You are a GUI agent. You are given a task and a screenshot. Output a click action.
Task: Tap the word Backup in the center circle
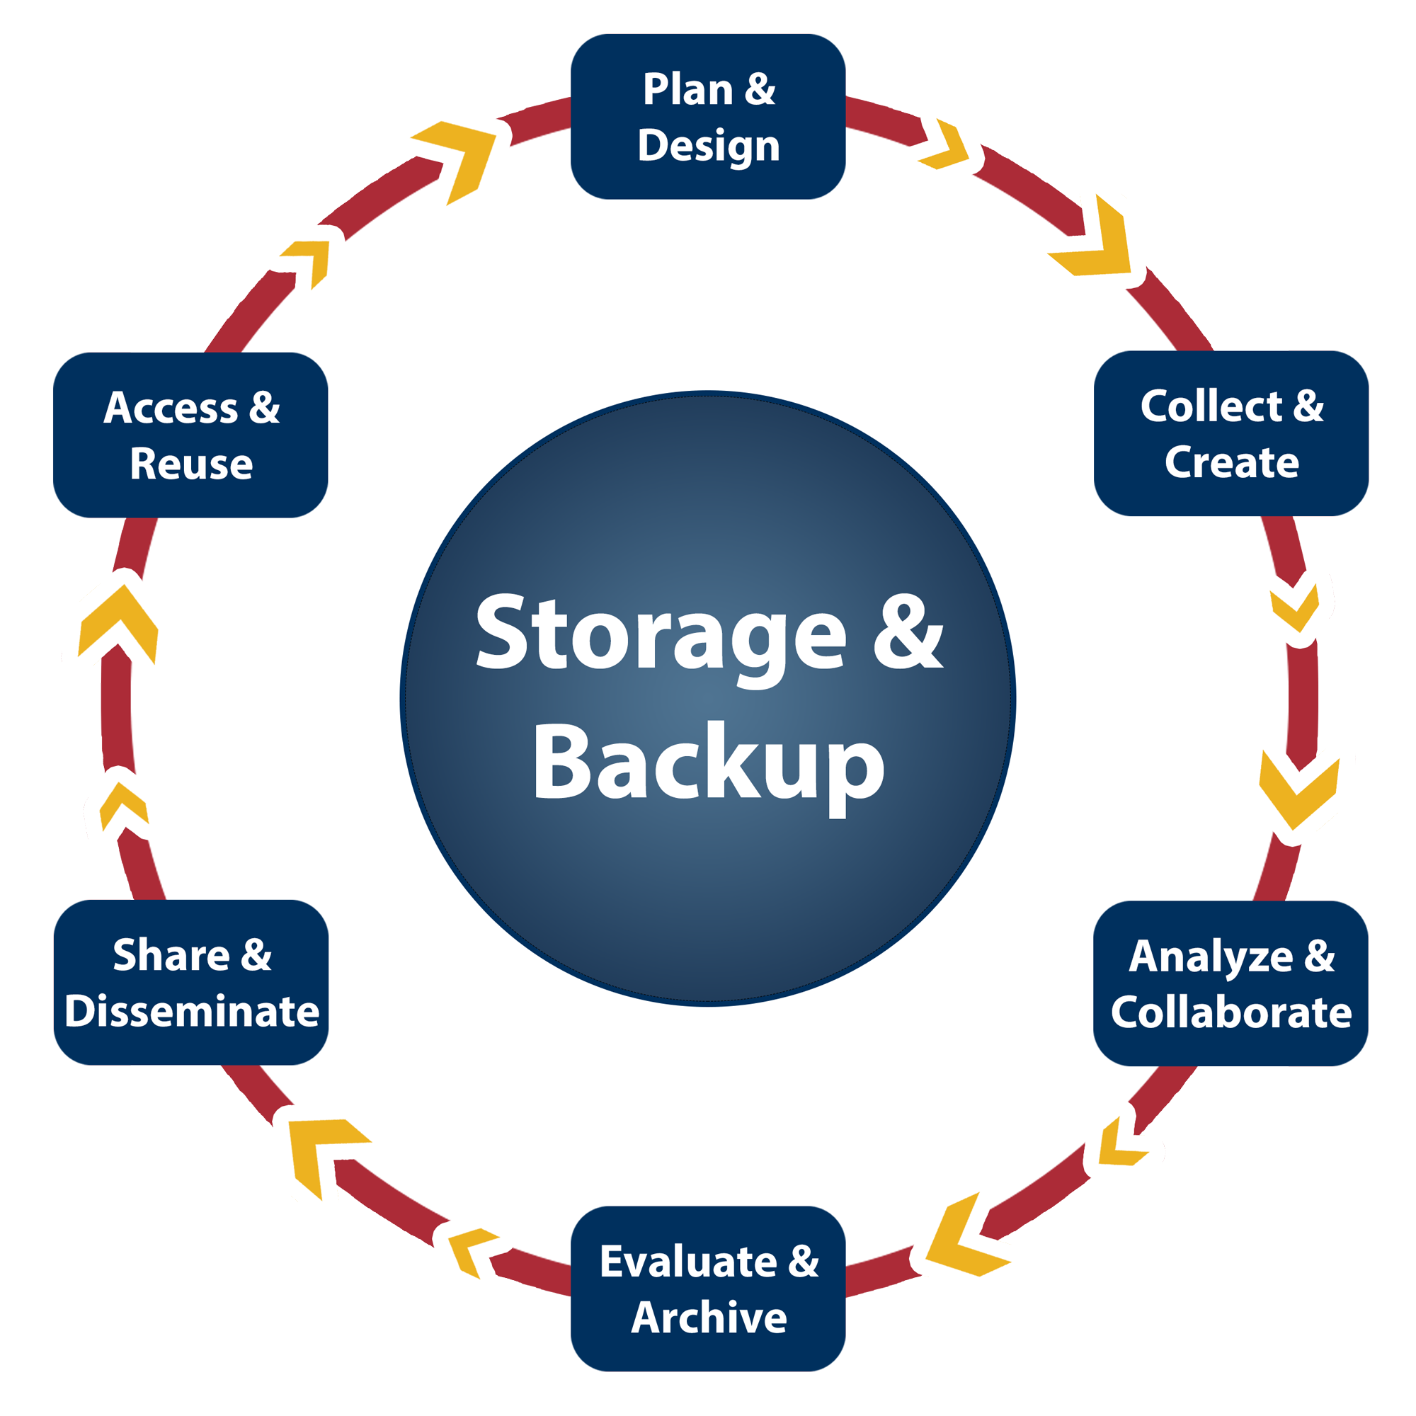pos(708,763)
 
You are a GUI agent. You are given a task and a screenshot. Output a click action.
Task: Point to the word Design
pos(708,146)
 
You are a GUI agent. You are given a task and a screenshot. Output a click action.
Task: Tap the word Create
pos(1231,462)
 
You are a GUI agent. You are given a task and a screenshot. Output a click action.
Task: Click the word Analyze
pos(1211,957)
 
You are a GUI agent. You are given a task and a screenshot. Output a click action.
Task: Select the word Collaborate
pos(1231,1013)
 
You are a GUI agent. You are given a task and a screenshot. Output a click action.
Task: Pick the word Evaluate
pos(687,1262)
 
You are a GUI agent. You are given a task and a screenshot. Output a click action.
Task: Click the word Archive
pos(708,1318)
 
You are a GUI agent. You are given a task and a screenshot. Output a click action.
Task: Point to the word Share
pos(171,955)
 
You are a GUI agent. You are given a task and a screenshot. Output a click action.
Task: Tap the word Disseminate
pos(191,1012)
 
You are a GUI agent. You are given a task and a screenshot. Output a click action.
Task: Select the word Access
pos(171,408)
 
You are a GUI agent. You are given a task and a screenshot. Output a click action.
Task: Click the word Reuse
pos(191,464)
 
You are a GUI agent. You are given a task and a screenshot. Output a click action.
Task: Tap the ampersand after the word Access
pos(265,408)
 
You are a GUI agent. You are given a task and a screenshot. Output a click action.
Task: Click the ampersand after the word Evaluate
pos(804,1262)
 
